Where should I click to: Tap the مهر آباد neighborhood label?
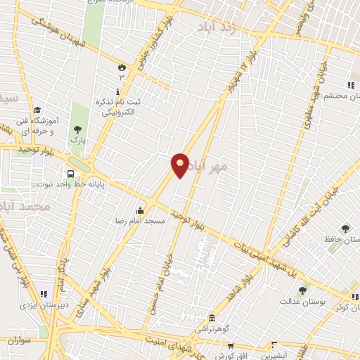(x=213, y=167)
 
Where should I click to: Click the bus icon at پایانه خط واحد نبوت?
(x=70, y=174)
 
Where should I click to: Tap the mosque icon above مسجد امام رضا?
(x=140, y=210)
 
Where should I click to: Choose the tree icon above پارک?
(x=77, y=129)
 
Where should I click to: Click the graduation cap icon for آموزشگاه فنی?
(x=37, y=110)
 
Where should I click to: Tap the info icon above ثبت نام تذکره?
(x=117, y=92)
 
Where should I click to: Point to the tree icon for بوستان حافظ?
(x=345, y=229)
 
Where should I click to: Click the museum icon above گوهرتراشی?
(x=212, y=319)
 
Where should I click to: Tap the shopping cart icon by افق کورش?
(x=230, y=346)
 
